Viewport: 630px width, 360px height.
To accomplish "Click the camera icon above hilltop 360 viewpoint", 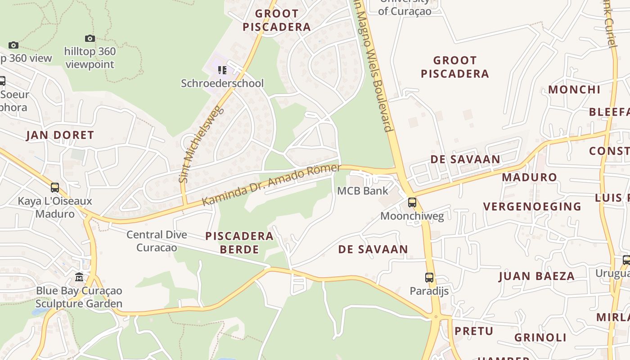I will tap(90, 39).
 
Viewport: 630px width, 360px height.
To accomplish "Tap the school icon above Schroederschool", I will tap(222, 70).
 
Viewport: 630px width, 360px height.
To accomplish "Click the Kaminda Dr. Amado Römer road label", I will tap(271, 185).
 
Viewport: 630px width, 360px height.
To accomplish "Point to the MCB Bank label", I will tap(362, 191).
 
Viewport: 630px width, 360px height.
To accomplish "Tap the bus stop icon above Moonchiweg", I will tap(412, 202).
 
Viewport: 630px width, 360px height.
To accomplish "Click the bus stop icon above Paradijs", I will tap(429, 278).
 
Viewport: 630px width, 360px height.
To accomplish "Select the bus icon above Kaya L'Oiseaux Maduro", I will tap(55, 188).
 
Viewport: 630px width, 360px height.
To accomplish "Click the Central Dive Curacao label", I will tap(157, 241).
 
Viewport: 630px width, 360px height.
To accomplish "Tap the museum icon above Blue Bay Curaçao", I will tap(80, 277).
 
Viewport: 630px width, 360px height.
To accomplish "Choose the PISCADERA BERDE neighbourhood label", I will tap(239, 243).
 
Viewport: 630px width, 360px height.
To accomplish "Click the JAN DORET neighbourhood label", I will tap(60, 135).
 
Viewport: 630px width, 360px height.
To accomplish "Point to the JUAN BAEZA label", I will tap(536, 276).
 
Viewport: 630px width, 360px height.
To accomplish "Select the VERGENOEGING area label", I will tap(532, 207).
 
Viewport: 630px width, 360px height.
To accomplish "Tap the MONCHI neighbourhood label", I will tap(574, 90).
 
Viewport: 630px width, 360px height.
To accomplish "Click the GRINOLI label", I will tap(540, 337).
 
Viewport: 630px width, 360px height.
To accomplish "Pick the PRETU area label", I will tap(474, 331).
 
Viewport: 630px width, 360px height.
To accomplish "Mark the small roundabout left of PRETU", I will tap(436, 317).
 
